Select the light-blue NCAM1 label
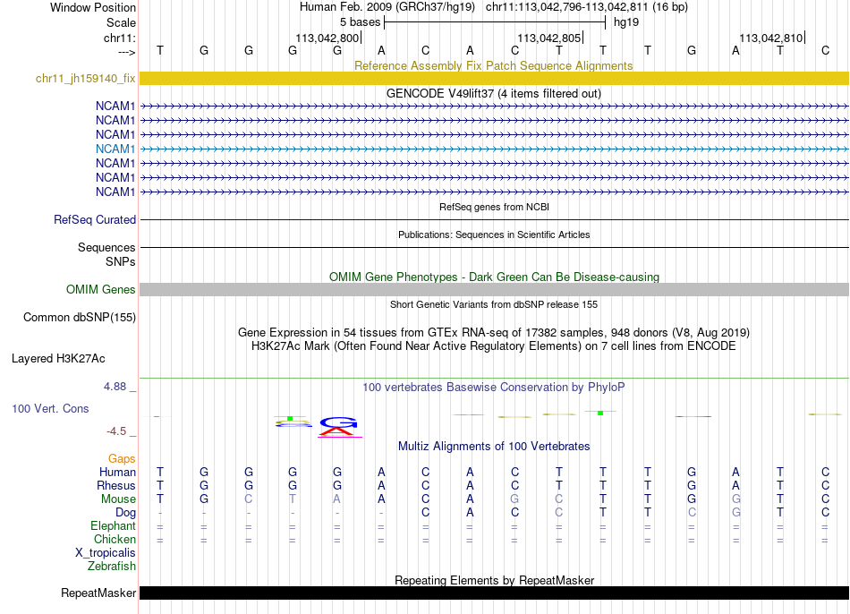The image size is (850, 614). click(x=115, y=149)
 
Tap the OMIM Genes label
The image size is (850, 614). click(x=101, y=289)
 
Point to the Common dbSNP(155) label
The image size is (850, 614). click(x=80, y=317)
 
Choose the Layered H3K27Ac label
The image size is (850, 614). click(x=58, y=359)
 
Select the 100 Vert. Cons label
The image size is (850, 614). click(x=52, y=408)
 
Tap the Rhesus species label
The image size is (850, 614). click(x=116, y=485)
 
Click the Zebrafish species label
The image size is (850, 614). click(x=112, y=566)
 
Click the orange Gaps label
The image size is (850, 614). click(x=122, y=458)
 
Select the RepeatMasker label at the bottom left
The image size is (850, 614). click(x=98, y=593)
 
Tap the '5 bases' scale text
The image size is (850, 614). click(x=360, y=21)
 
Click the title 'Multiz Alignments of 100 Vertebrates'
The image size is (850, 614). click(x=494, y=446)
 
